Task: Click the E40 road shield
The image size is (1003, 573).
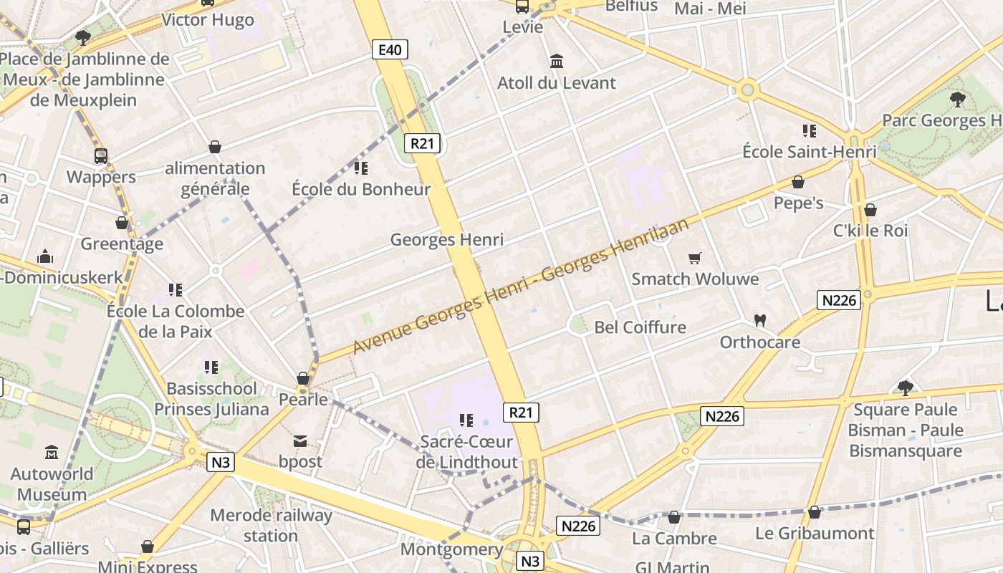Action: [390, 49]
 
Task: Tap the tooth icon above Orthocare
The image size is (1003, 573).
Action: [760, 320]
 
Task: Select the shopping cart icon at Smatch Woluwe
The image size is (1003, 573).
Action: [694, 258]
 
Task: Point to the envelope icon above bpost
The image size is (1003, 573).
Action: [300, 440]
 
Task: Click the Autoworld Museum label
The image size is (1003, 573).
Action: [52, 484]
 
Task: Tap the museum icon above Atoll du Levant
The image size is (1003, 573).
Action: [557, 62]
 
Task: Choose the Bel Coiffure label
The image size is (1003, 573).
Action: [640, 327]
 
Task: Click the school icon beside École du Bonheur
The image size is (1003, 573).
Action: [361, 168]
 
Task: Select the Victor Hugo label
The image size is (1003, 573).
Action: [208, 19]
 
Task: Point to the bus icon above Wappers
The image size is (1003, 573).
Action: [101, 155]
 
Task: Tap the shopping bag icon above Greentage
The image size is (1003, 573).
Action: [122, 223]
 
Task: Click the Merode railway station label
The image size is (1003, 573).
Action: [271, 525]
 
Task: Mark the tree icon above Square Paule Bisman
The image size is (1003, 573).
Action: [906, 388]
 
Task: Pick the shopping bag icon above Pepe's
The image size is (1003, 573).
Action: [798, 182]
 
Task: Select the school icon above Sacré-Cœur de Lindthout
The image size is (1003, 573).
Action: [466, 420]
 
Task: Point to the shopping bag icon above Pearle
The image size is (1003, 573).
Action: [303, 378]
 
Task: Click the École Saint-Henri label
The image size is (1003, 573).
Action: [809, 152]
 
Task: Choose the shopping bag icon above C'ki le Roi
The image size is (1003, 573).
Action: [870, 210]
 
